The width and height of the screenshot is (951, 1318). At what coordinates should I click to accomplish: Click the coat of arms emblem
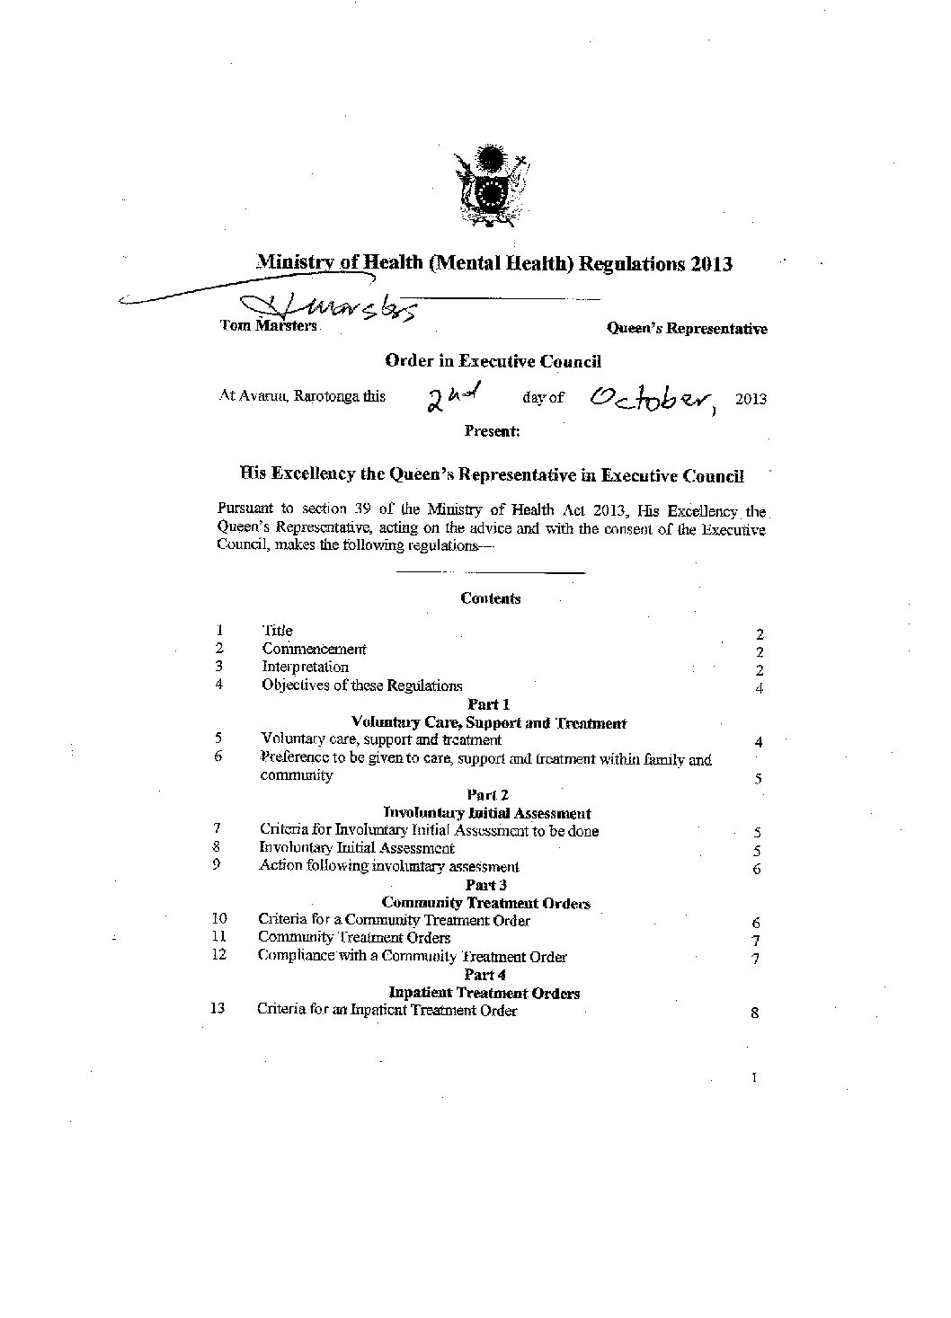(x=490, y=185)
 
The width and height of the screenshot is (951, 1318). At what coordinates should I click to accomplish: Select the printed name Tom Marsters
(x=269, y=326)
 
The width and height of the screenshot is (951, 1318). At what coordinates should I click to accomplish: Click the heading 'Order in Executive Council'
(x=493, y=361)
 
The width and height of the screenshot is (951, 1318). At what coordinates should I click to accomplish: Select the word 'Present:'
(x=492, y=431)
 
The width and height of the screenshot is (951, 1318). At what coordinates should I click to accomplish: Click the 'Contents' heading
(x=490, y=598)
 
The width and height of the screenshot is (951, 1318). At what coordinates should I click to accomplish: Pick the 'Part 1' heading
(x=489, y=704)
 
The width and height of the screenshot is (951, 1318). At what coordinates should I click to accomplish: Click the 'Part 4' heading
(x=486, y=975)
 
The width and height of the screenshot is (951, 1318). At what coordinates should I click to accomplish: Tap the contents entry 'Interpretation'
(x=305, y=667)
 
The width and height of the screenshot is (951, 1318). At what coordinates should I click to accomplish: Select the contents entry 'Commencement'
(x=314, y=649)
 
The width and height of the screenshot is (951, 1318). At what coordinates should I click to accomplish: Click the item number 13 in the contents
(x=217, y=1009)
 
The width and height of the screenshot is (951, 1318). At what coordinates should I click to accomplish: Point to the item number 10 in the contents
(x=218, y=919)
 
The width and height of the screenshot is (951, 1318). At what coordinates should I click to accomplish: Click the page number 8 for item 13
(x=755, y=1013)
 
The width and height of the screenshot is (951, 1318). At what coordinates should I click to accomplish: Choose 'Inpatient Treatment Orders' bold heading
(x=484, y=993)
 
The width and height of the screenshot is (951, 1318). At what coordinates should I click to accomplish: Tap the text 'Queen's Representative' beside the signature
(x=688, y=329)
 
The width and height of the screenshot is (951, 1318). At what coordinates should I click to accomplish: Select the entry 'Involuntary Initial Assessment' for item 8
(x=357, y=848)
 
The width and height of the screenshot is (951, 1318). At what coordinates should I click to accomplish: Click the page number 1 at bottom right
(x=753, y=1077)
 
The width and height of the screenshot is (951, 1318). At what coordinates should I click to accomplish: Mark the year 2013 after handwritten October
(x=751, y=399)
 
